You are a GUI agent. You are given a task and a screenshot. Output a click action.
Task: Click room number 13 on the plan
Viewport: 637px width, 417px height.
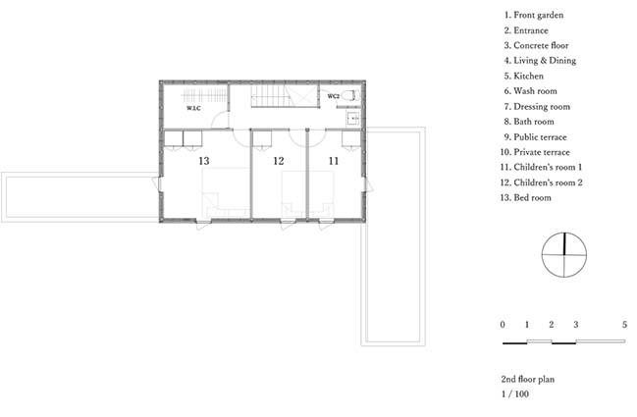(204, 161)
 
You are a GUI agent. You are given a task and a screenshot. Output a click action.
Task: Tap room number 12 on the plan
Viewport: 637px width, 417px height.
(279, 161)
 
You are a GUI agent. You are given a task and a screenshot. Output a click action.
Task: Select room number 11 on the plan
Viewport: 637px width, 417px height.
(334, 161)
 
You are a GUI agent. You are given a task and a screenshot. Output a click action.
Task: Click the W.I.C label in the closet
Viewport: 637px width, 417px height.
(193, 108)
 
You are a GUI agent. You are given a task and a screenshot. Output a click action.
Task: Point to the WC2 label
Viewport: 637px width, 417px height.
(333, 96)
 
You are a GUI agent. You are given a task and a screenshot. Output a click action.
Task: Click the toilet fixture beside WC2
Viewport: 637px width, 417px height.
(350, 96)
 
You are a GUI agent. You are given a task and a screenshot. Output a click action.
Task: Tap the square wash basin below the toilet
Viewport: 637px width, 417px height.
(353, 119)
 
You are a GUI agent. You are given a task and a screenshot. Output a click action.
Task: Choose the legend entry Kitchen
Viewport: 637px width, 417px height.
(524, 76)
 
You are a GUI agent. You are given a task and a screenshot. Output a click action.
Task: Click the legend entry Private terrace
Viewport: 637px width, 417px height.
(535, 152)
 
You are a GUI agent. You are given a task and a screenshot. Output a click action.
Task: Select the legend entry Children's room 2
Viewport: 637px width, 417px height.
(541, 182)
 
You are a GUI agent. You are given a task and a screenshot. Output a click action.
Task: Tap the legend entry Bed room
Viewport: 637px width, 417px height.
(526, 198)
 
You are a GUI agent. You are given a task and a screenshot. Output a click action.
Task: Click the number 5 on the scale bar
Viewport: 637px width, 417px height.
(624, 325)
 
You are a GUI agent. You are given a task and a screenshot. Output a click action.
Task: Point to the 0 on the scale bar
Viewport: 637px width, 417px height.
(503, 325)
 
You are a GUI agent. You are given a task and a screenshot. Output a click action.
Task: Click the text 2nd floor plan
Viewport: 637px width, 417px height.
(528, 380)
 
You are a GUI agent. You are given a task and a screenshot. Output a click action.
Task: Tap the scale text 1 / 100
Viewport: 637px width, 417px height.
(515, 393)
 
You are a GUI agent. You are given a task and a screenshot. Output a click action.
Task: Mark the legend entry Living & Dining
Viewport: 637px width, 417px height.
(540, 61)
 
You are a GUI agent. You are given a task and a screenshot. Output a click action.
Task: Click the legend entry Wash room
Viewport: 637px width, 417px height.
(531, 91)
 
